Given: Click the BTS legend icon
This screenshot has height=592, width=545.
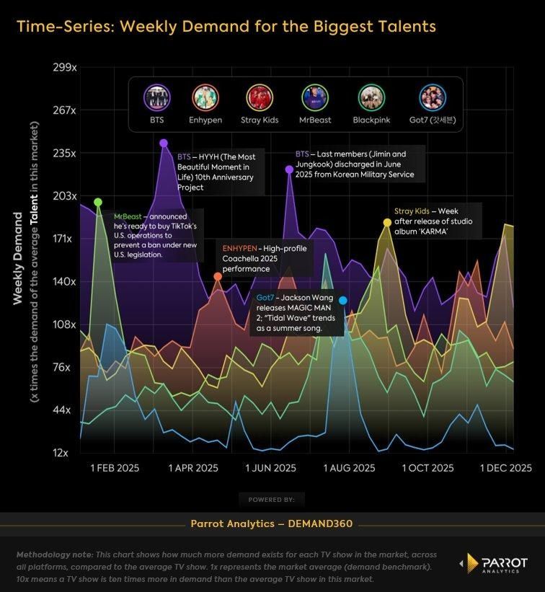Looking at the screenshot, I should (x=156, y=97).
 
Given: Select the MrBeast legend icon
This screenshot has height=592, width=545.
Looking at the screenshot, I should (x=315, y=97).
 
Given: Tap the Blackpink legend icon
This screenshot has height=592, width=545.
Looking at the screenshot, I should (x=373, y=97).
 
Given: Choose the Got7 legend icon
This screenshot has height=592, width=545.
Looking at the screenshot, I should (x=433, y=97).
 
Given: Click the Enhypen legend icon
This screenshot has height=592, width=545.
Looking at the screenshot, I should (x=206, y=97).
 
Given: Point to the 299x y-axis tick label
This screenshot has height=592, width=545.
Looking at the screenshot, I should (x=65, y=68).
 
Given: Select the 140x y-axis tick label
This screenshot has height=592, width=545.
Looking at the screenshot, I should (x=65, y=282).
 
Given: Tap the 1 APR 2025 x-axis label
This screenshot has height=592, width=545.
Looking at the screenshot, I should (x=193, y=468).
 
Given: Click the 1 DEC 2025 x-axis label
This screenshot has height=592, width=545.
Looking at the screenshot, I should (x=506, y=468).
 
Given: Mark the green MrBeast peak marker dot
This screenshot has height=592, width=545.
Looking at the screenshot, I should (x=98, y=202).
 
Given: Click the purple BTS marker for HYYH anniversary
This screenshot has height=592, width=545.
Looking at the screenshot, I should (x=164, y=143).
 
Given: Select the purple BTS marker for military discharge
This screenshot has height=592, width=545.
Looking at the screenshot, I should (x=289, y=169).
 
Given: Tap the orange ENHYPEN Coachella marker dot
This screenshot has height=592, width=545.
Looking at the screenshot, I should (x=218, y=276).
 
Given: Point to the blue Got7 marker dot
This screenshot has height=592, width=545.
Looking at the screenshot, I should (x=343, y=300).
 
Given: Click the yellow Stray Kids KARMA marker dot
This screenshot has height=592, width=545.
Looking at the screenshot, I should (x=387, y=222).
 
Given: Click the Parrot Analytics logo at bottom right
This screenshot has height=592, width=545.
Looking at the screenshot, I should (x=494, y=565).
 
